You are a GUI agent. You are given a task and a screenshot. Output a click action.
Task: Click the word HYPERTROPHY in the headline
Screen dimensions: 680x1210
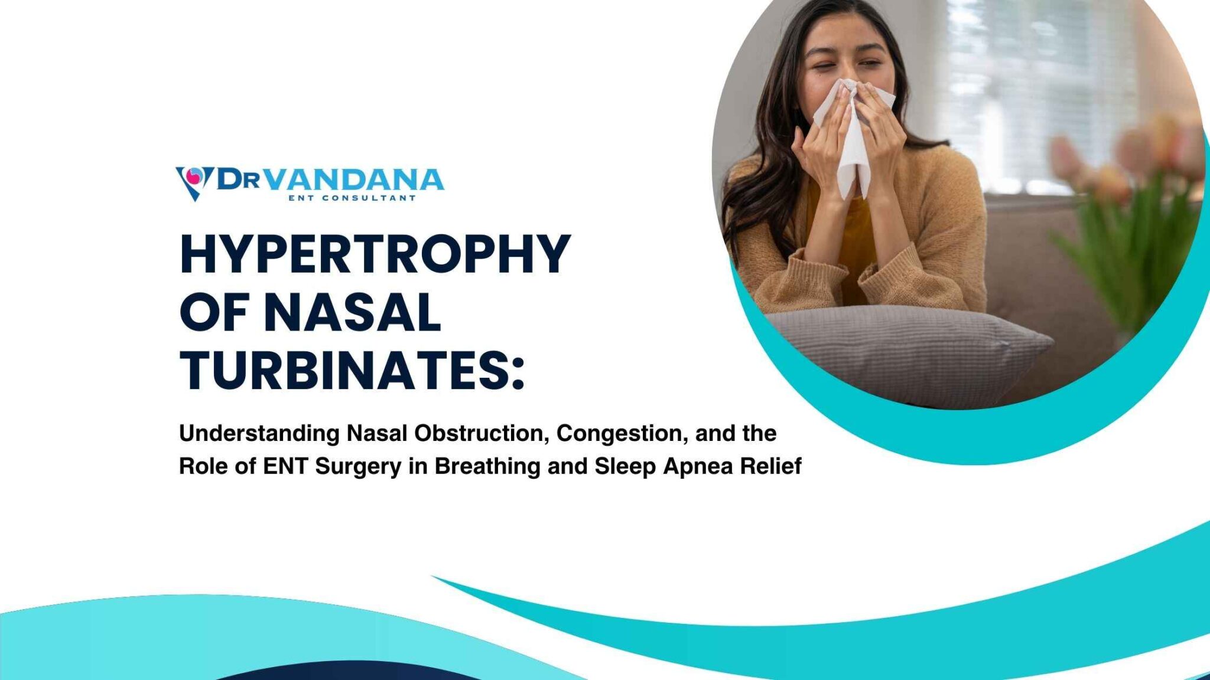tap(375, 254)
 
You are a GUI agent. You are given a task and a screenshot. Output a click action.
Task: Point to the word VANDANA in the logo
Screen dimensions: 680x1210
tap(353, 179)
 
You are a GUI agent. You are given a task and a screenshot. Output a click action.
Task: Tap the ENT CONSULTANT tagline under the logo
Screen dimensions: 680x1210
tap(352, 198)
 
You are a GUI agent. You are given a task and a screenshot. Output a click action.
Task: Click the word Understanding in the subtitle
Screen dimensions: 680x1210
tap(259, 434)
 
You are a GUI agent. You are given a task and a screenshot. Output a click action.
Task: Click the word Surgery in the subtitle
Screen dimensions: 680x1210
tap(358, 466)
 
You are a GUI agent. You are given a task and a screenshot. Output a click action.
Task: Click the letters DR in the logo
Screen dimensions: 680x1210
tap(239, 178)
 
